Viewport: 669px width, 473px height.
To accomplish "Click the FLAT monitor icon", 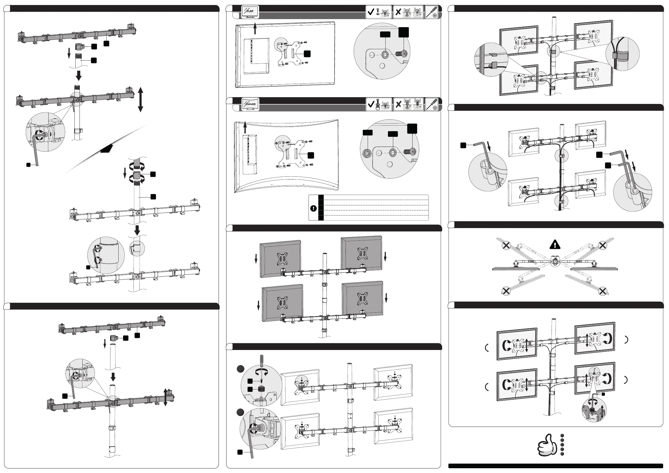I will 250,12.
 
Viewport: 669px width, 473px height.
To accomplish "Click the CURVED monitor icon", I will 250,104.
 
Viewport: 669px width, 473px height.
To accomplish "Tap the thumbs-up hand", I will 545,445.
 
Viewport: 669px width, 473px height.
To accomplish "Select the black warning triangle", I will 555,245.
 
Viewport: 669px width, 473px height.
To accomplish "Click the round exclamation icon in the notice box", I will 313,208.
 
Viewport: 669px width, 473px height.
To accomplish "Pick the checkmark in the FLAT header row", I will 371,12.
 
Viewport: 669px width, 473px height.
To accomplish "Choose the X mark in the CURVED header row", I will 398,104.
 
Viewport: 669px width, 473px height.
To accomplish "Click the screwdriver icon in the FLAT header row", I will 432,12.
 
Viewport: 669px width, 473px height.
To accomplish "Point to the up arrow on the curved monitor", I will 245,127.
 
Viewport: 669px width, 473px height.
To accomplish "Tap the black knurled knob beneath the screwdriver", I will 260,389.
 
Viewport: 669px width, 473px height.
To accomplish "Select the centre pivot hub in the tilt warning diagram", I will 555,262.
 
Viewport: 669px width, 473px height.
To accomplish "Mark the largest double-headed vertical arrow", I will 140,99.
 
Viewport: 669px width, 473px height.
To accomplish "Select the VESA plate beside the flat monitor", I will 290,54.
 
